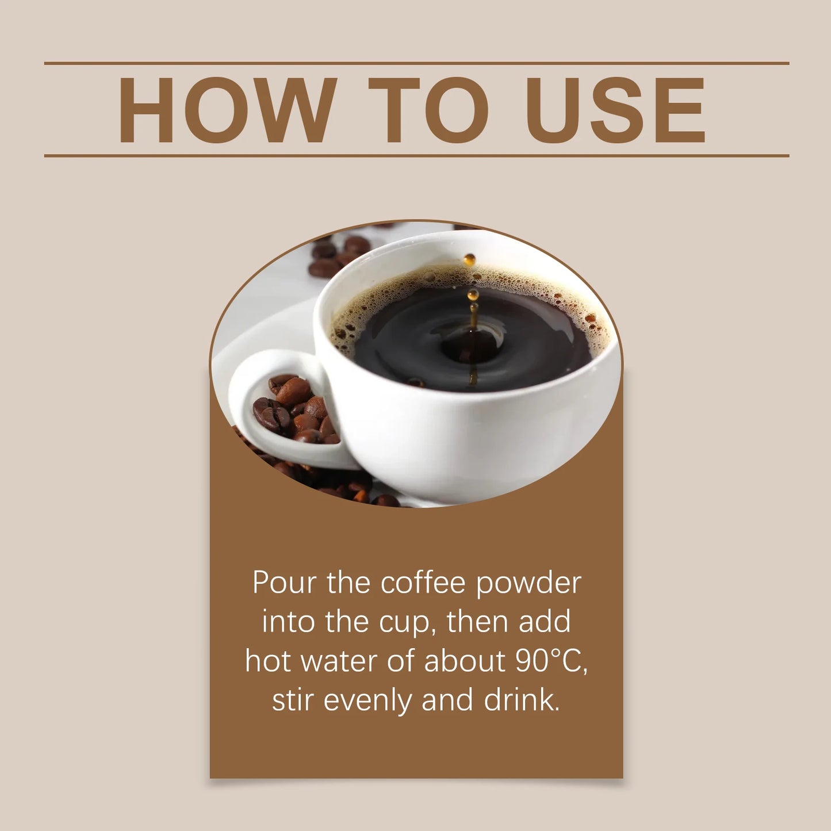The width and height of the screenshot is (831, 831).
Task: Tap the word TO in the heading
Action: tap(428, 110)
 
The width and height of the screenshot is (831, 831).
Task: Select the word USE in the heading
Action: tap(615, 110)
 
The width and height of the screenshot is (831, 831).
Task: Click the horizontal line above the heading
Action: tap(416, 63)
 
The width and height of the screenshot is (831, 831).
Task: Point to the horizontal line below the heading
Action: tap(416, 155)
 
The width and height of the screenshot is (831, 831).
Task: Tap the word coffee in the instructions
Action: tap(423, 583)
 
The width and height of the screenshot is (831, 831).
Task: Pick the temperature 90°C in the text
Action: tap(551, 661)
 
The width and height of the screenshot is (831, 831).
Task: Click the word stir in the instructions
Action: tap(293, 700)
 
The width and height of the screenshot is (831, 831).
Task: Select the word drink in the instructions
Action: tap(521, 700)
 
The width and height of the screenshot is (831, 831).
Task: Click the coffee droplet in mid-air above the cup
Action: tap(470, 259)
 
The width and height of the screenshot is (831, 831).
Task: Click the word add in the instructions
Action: tap(545, 622)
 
